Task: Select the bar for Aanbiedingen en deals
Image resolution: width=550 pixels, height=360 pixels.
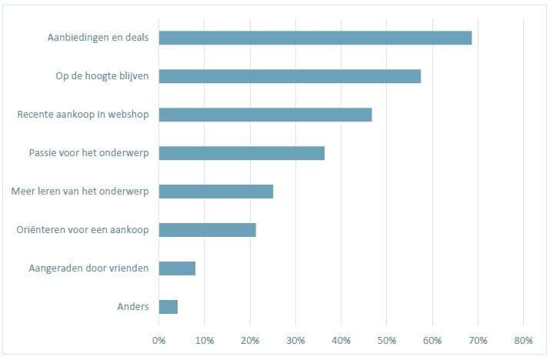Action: point(315,38)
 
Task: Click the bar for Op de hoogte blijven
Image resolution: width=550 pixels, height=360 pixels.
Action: point(290,76)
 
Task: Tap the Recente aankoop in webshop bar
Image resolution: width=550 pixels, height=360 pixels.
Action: point(265,115)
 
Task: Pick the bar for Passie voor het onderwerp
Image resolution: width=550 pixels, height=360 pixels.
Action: point(242,153)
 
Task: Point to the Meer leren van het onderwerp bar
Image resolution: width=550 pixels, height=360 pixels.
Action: point(216,192)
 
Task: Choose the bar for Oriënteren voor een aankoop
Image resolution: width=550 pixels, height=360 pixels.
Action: point(207,230)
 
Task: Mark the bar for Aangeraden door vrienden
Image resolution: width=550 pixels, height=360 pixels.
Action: point(177,268)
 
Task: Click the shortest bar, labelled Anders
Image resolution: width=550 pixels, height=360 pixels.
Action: point(168,307)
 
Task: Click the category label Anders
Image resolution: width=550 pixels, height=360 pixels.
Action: point(133,307)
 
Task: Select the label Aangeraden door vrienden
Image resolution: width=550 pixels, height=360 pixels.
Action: point(88,268)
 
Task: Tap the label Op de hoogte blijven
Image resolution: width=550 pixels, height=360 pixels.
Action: point(102,76)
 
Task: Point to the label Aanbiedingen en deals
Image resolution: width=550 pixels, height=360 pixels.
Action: point(98,38)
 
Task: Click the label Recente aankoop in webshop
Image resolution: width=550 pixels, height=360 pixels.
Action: point(83,115)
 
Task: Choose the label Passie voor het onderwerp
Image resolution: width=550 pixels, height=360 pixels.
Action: point(88,153)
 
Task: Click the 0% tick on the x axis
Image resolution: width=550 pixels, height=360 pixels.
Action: point(159,340)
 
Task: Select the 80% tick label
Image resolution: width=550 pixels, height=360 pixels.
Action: point(523,340)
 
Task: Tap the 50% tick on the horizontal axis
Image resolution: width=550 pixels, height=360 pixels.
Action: point(387,340)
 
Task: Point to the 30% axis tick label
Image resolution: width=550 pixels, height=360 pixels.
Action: point(295,340)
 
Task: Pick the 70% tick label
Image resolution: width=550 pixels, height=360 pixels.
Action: point(478,340)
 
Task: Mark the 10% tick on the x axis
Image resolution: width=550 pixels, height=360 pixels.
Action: point(205,340)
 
